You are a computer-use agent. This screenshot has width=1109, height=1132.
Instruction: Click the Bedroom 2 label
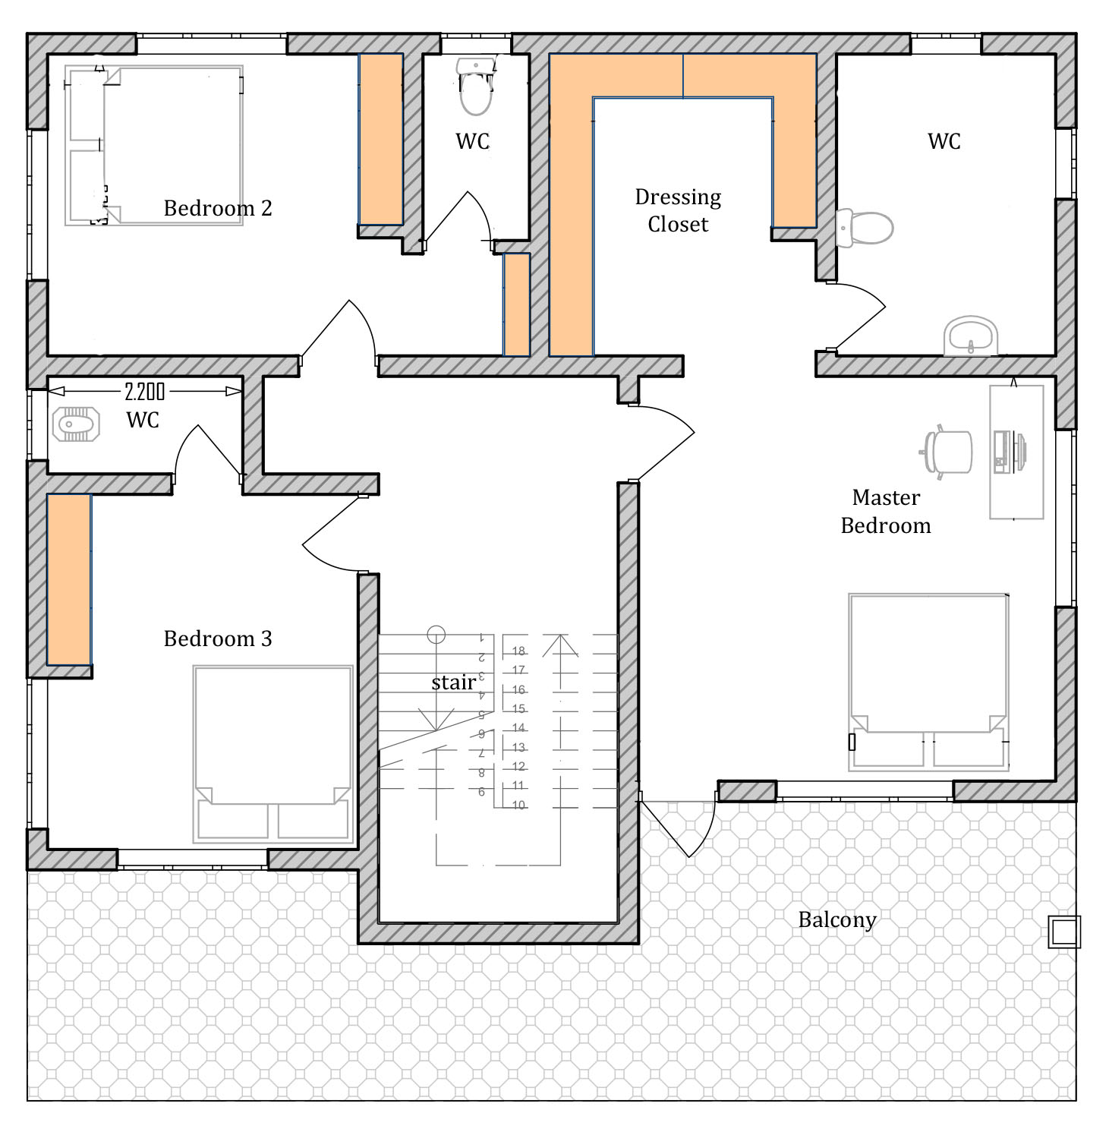pyautogui.click(x=218, y=208)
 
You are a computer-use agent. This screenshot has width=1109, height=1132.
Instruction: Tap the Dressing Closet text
pyautogui.click(x=678, y=210)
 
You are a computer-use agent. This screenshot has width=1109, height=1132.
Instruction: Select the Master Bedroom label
pyautogui.click(x=886, y=511)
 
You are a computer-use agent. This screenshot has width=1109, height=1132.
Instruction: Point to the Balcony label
pyautogui.click(x=837, y=919)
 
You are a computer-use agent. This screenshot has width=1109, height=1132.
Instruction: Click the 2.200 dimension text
pyautogui.click(x=144, y=392)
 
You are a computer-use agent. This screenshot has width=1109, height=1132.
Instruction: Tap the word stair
pyautogui.click(x=454, y=683)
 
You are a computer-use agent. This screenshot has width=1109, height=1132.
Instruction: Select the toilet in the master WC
pyautogui.click(x=865, y=227)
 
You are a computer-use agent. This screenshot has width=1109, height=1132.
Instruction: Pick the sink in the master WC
pyautogui.click(x=971, y=336)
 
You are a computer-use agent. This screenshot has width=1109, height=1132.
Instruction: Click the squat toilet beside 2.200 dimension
pyautogui.click(x=77, y=424)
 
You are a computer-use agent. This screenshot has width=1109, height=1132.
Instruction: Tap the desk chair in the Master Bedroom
pyautogui.click(x=946, y=452)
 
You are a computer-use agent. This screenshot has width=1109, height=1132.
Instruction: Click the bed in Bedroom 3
pyautogui.click(x=273, y=754)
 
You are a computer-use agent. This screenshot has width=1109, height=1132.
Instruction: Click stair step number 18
pyautogui.click(x=518, y=651)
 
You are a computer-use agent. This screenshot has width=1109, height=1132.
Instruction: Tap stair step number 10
pyautogui.click(x=518, y=805)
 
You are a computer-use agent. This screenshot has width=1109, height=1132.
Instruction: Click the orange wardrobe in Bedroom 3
pyautogui.click(x=69, y=579)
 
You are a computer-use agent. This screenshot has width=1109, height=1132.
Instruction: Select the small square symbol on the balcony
pyautogui.click(x=1063, y=932)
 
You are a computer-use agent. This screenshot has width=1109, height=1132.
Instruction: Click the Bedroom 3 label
pyautogui.click(x=218, y=639)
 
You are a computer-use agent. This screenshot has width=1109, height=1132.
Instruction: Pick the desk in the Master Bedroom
pyautogui.click(x=1016, y=452)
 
